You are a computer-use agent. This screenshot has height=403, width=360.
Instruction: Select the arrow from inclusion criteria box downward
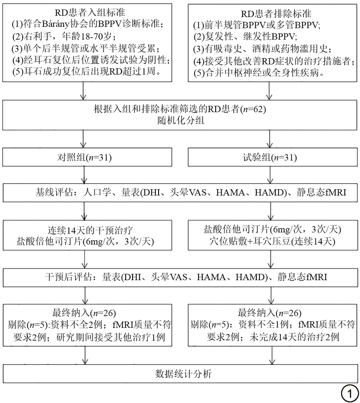pos(83,91)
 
